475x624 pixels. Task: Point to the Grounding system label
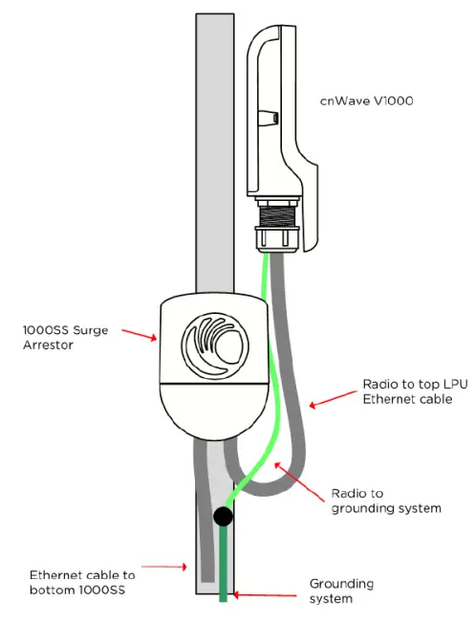341,590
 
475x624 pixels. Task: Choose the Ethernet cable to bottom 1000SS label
82,582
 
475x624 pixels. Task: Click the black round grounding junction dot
223,517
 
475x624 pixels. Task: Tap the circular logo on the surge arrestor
217,345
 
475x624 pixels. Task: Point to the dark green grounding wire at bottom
224,569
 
